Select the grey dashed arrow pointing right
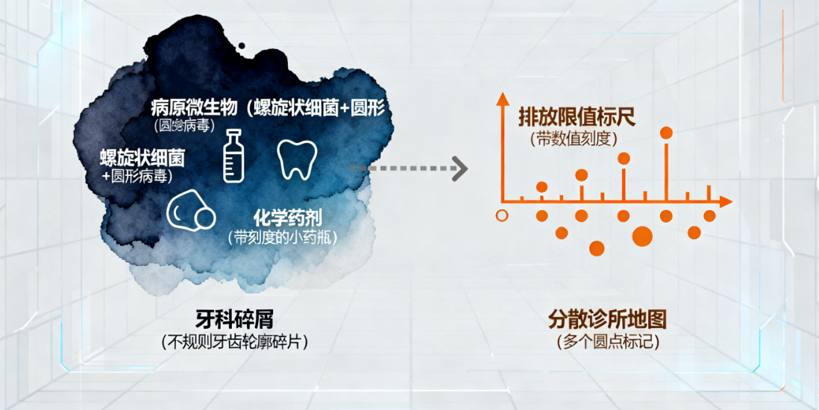[x=409, y=168]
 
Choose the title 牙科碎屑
[x=234, y=320]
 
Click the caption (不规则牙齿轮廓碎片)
[x=234, y=342]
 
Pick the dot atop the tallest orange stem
[x=667, y=133]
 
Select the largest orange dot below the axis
[x=642, y=237]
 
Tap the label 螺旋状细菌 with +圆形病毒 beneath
[x=142, y=158]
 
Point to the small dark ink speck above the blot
[x=241, y=46]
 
